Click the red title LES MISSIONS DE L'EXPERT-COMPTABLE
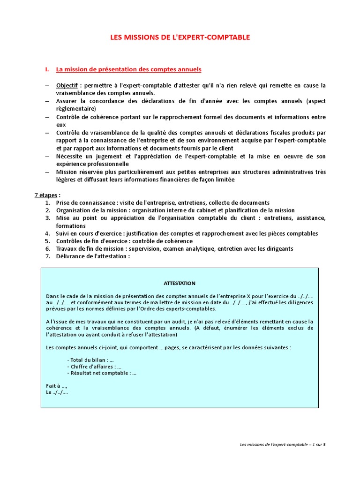180,37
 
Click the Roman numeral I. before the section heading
47,69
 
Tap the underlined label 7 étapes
47,195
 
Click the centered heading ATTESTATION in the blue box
180,283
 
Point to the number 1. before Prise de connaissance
48,202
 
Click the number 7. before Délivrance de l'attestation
48,256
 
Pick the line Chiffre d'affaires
94,367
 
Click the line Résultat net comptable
102,373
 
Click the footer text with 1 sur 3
279,444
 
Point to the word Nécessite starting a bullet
70,156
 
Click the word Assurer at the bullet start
68,101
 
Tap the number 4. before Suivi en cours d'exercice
48,233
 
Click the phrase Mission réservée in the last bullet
77,172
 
